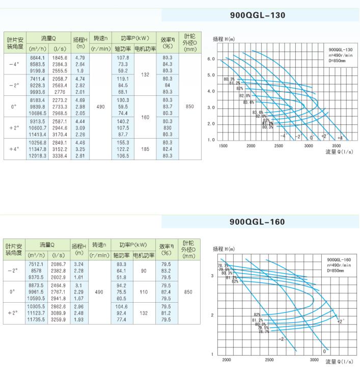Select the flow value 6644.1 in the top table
[38, 58]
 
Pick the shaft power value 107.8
[123, 58]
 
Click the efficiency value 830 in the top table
[167, 127]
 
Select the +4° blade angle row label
[14, 149]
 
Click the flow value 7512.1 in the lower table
[38, 264]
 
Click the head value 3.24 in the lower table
[79, 264]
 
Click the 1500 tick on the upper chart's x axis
[223, 146]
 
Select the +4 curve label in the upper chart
[340, 138]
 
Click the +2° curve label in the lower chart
[340, 321]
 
